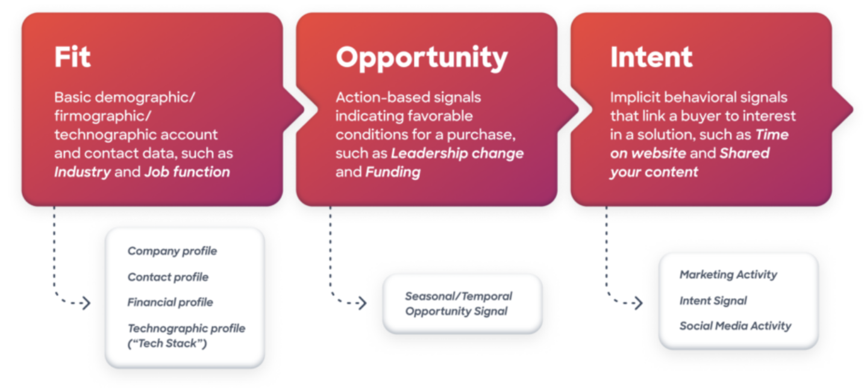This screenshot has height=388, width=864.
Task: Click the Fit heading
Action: pos(72,57)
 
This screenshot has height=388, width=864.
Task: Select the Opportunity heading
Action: pos(422,58)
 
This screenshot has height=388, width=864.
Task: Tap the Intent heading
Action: pos(651,57)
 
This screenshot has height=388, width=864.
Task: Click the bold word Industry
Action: pos(83,172)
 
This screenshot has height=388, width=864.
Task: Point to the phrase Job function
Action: pos(187,172)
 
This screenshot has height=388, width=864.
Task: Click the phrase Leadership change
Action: pos(457,153)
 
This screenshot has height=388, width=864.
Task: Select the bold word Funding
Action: pos(393,172)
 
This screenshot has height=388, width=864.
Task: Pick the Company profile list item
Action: pos(172,251)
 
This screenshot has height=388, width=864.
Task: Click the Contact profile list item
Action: pos(167,277)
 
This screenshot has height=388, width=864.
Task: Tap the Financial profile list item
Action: pos(170,302)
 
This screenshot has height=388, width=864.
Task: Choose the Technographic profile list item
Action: pos(186,328)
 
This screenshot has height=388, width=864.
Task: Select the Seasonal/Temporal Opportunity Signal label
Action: pos(458,304)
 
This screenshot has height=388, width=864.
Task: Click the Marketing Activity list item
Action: pos(728,275)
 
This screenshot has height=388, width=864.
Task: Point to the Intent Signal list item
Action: pos(713,301)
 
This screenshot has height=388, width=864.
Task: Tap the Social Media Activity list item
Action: pos(735,326)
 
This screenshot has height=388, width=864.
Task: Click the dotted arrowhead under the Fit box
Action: pos(86,303)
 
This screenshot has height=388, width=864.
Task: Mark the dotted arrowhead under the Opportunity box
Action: pos(362,303)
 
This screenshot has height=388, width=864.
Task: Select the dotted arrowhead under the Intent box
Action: pos(638,303)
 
